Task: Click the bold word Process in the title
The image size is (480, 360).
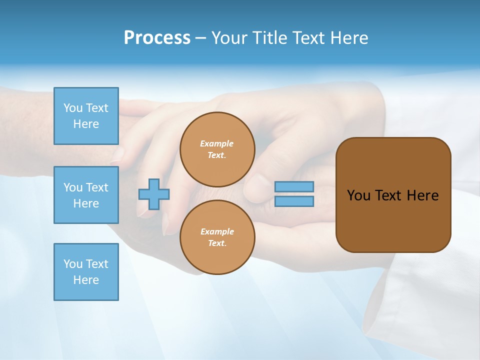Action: click(157, 38)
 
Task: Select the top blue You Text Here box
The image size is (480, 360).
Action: click(86, 116)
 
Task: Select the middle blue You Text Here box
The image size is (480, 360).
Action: click(86, 195)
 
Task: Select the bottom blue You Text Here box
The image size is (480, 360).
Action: click(86, 272)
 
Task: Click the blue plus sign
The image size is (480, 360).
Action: click(154, 194)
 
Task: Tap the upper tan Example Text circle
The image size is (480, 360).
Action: click(217, 149)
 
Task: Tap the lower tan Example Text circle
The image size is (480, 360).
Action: click(217, 237)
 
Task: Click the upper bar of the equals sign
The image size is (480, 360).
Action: click(294, 187)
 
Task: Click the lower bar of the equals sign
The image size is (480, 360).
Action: click(294, 201)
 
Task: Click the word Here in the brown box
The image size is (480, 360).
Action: click(422, 195)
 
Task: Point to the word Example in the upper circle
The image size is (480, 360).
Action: click(217, 143)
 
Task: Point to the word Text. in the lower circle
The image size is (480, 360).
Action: click(217, 243)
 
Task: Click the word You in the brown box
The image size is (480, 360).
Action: click(358, 195)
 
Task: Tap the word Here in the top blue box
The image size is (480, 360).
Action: click(86, 124)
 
